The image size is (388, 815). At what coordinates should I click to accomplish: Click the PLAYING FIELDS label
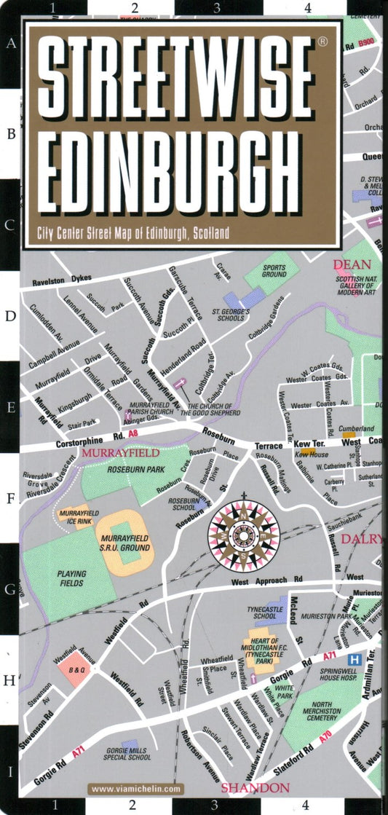71,578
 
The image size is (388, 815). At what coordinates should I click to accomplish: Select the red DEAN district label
352,265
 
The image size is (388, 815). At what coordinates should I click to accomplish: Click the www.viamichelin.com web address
136,789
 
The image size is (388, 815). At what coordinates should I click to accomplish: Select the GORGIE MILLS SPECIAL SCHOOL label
129,751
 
